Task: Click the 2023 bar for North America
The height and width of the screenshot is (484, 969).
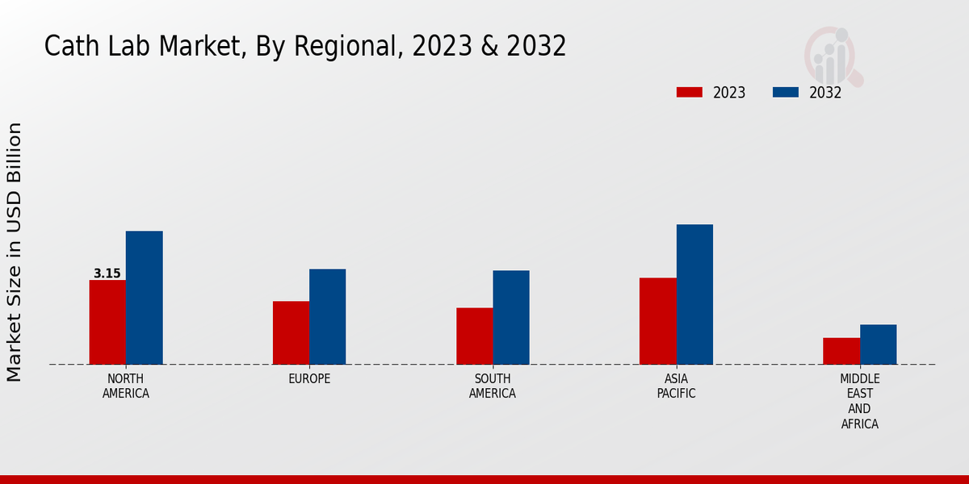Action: click(107, 322)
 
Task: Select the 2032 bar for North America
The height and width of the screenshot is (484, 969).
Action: click(144, 298)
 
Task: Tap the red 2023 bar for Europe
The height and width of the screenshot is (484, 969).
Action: click(291, 332)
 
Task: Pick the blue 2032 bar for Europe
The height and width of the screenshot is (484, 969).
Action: click(327, 316)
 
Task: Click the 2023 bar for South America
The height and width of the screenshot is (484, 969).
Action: click(474, 336)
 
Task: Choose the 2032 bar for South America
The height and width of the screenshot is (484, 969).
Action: click(511, 317)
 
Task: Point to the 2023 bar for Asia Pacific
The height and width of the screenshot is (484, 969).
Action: click(657, 321)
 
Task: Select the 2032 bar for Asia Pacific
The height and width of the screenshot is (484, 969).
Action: click(694, 294)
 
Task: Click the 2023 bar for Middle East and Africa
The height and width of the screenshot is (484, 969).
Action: click(841, 351)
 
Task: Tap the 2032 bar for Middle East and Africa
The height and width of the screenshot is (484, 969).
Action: click(878, 344)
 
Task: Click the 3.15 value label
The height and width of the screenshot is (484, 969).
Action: click(107, 273)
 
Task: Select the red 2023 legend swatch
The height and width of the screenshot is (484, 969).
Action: click(689, 92)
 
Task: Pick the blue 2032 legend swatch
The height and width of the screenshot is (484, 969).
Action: click(785, 92)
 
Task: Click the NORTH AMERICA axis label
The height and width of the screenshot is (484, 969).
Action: click(126, 386)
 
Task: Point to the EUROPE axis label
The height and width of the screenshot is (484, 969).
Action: click(309, 378)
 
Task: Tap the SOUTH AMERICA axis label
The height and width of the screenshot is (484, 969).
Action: click(493, 386)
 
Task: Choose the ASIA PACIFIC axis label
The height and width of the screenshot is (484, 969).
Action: click(676, 386)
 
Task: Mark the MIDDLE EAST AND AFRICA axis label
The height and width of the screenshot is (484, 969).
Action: click(859, 401)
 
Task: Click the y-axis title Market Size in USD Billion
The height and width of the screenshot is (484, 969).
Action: click(15, 252)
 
